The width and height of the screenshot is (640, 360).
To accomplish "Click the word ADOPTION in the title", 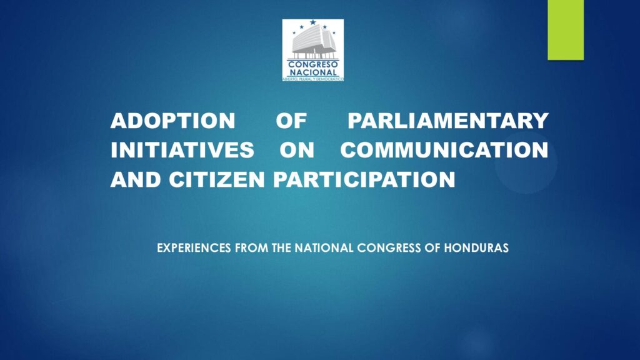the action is [172, 121].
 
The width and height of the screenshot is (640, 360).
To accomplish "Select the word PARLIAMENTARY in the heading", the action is [448, 121].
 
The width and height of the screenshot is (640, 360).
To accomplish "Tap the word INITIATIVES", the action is [182, 150].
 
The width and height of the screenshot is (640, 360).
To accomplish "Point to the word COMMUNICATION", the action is [444, 150].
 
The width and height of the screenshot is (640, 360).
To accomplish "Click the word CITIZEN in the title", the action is [217, 179].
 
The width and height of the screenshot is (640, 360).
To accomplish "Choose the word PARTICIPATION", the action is [364, 179].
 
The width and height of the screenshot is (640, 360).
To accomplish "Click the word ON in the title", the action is [297, 150].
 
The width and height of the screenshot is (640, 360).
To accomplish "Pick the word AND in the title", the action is [136, 179].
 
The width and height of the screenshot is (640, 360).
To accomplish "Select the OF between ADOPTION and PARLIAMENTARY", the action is [291, 121].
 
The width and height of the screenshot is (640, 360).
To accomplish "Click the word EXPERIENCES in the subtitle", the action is [194, 248].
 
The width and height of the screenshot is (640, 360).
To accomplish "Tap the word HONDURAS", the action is [476, 248].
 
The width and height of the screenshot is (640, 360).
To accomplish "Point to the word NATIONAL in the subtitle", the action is [324, 248].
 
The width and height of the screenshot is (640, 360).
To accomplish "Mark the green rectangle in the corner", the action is [566, 30].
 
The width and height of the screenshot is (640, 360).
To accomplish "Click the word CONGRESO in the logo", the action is [313, 64].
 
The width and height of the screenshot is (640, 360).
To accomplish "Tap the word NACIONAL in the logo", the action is [313, 72].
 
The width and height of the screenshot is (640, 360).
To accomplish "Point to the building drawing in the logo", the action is [313, 42].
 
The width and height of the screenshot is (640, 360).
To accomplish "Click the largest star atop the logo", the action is [312, 22].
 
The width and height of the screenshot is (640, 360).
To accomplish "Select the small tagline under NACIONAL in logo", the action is [313, 79].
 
